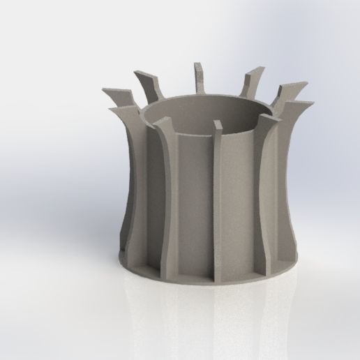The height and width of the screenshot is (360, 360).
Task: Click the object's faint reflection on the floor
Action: click(x=209, y=307)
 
